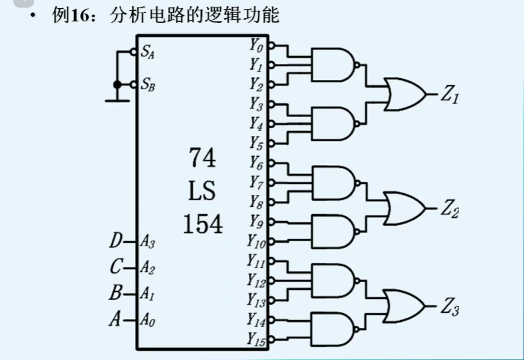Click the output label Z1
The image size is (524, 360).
coord(450,94)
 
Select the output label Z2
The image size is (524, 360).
coord(450,208)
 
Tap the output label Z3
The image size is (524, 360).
coord(450,306)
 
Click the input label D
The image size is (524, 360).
coord(116,240)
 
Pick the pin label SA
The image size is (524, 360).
coord(148,52)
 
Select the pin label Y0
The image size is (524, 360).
coord(256,45)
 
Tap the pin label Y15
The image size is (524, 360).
coord(256,339)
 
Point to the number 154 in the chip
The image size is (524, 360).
coord(203,224)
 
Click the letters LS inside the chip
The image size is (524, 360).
coord(202,190)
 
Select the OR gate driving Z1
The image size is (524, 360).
coord(404,94)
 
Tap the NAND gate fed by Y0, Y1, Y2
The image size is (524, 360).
coord(332,65)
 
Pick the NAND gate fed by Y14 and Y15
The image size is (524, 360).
coord(332,329)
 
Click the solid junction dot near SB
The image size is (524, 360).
coord(117,84)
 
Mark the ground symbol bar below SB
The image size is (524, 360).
coord(117,101)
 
